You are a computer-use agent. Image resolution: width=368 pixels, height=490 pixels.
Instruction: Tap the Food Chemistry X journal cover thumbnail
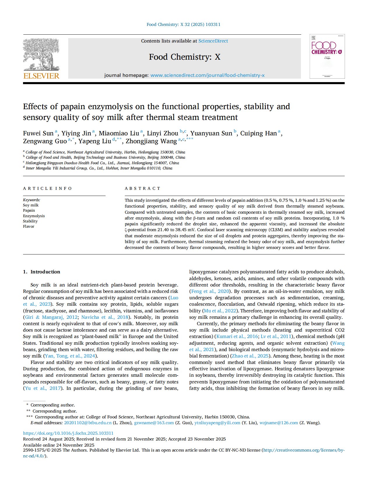click(327, 56)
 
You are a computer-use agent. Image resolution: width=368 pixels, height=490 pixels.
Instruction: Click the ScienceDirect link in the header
click(213, 41)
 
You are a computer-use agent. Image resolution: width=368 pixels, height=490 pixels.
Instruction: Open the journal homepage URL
click(207, 75)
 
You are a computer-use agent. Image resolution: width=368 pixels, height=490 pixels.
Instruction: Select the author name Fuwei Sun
click(38, 133)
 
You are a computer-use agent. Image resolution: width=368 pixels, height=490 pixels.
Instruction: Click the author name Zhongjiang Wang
click(151, 141)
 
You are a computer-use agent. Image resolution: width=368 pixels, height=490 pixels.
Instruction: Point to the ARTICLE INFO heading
click(47, 188)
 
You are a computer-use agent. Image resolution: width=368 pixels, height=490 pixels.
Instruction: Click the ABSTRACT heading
click(143, 188)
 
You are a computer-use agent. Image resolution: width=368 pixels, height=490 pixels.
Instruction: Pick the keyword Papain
click(29, 210)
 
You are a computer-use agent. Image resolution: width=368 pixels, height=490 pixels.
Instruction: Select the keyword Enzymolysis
click(34, 216)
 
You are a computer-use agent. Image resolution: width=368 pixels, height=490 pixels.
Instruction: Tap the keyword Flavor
click(29, 226)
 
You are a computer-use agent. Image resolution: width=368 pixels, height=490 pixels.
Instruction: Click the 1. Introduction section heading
click(41, 272)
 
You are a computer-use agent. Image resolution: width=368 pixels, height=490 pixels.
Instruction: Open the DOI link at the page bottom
click(68, 433)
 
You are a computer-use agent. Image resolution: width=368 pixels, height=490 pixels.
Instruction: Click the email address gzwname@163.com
click(154, 423)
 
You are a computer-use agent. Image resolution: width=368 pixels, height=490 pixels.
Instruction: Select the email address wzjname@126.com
click(279, 423)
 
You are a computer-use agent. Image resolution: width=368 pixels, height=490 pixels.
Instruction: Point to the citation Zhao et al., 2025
click(250, 356)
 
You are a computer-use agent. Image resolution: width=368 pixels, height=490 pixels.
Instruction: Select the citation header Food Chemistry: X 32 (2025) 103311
click(183, 24)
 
